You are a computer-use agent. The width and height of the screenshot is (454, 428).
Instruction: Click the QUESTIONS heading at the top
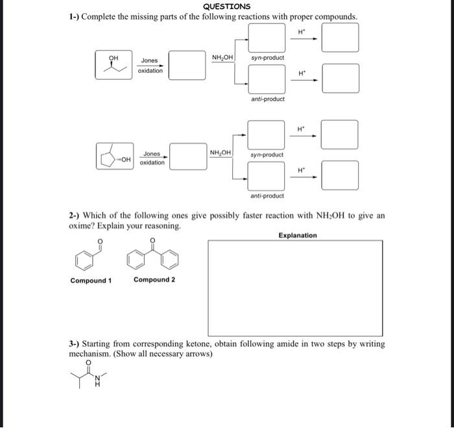tap(226, 6)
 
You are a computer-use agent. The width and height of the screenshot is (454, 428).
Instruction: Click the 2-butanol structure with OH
tap(114, 66)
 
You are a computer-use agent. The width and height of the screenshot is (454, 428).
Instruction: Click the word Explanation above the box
tap(298, 235)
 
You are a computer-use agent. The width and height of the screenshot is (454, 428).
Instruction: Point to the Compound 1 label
tap(91, 281)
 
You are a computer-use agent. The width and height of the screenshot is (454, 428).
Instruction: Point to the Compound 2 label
tap(154, 280)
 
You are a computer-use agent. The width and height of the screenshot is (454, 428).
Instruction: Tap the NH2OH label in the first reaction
tap(222, 58)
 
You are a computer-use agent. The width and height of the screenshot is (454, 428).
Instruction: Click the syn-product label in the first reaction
tap(267, 58)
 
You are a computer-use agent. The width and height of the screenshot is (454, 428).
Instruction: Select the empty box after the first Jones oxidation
tap(187, 66)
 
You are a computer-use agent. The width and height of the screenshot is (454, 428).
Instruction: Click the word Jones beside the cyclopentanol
tap(152, 154)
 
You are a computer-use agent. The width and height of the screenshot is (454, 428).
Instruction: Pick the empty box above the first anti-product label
tap(267, 79)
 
